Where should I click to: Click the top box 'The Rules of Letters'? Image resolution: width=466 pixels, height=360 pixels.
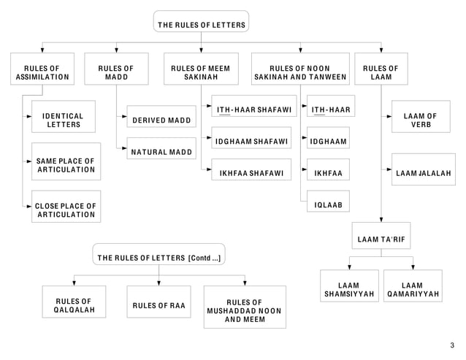tap(202, 24)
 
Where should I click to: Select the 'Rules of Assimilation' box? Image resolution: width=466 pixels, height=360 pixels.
tap(42, 72)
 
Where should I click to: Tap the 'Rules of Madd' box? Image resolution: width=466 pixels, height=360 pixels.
tap(116, 72)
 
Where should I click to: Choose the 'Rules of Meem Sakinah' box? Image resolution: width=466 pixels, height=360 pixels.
tap(200, 72)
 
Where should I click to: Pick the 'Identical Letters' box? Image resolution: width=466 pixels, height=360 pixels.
tap(64, 120)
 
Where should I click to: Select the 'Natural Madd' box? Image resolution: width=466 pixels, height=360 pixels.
tap(161, 153)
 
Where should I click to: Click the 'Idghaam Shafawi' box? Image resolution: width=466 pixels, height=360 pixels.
tap(253, 141)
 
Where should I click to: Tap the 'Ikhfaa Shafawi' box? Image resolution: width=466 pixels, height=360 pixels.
tap(253, 174)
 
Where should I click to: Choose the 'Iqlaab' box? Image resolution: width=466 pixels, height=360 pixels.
tap(328, 204)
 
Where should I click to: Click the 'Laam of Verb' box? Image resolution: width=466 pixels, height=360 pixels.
tap(420, 120)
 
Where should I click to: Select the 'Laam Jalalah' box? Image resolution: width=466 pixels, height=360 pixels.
tap(423, 173)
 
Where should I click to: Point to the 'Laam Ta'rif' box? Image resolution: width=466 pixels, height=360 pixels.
tap(382, 240)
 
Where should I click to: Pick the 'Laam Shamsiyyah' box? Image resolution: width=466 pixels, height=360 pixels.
tap(349, 290)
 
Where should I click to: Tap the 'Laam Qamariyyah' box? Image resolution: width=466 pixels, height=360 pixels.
tap(413, 290)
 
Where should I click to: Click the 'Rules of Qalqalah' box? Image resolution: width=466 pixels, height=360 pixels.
tap(72, 305)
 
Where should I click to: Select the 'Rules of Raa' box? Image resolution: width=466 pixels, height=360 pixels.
tap(159, 305)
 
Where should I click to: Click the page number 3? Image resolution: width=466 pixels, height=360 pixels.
tap(451, 345)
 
